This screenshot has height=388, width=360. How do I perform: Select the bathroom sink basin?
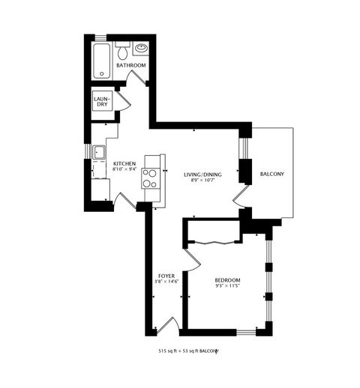140,50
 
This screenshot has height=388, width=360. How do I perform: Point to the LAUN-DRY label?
101,101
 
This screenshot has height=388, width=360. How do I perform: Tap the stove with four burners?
151,178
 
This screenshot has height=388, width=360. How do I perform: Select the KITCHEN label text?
124,163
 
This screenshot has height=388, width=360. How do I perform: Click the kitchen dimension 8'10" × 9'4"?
124,169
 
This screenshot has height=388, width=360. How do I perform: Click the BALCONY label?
271,174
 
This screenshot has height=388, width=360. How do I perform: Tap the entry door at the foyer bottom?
166,325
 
